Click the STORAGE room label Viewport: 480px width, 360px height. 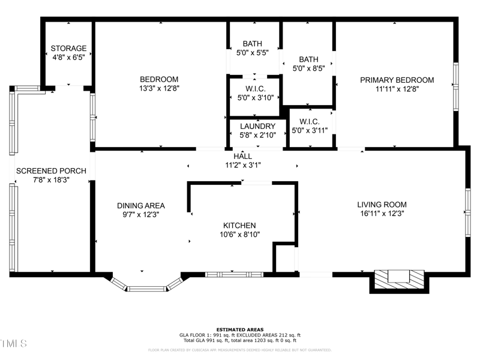pos(68,48)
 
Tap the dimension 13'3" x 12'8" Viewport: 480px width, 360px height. pos(159,88)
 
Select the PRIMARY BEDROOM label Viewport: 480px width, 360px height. pos(397,80)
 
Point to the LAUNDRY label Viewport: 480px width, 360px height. pos(257,126)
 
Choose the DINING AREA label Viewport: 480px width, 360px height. pos(141,205)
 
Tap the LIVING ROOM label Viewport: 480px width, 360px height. pos(382,204)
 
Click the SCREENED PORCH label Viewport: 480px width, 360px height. pos(51,170)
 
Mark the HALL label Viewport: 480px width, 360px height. pos(242,156)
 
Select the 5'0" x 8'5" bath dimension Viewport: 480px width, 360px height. pos(308,68)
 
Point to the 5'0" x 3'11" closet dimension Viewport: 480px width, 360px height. pos(309,130)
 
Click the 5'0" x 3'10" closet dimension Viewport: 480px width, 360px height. pos(255,97)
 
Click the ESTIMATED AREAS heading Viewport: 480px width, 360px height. pos(240,329)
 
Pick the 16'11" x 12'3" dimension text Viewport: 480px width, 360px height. pos(382,213)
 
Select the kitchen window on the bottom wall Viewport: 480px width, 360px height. pos(234,275)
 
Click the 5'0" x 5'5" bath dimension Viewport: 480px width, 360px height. pos(253,53)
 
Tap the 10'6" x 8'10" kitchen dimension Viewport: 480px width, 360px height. pos(239,234)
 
